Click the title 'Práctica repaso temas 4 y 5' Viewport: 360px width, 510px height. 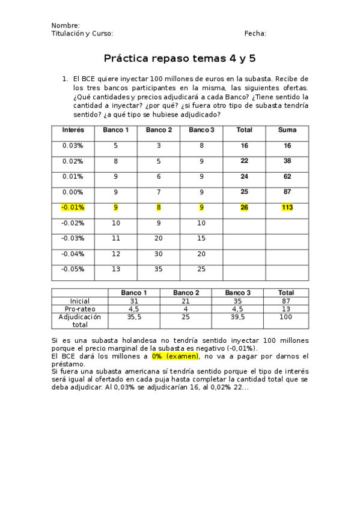pos(180,58)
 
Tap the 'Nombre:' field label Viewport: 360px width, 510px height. pos(66,25)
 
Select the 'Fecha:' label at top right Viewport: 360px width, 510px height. pos(255,34)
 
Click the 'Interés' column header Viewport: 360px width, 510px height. pos(73,130)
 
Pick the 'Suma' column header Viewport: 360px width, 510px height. pos(287,130)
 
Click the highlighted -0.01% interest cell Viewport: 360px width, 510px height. pos(73,207)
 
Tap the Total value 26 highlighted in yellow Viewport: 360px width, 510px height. pos(244,207)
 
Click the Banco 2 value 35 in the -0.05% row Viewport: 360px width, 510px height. pos(159,269)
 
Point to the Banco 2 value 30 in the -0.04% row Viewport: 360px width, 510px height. pos(159,254)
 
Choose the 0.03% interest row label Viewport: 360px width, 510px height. pos(73,146)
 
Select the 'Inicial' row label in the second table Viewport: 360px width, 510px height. pos(79,301)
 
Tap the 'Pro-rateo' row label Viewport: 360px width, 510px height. pos(79,309)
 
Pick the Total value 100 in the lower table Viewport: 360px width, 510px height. pos(286,316)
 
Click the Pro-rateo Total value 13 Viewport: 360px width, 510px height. pos(286,309)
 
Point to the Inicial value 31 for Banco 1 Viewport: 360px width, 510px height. pos(135,301)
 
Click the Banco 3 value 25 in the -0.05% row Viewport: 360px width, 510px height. pos(201,269)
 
